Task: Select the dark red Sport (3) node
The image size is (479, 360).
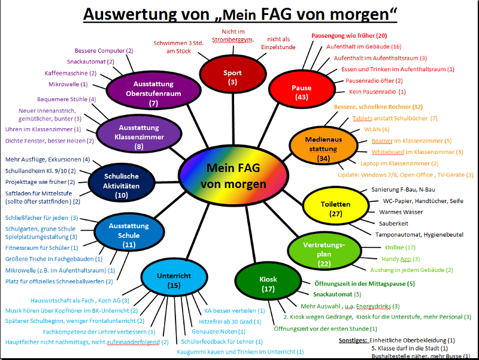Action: (x=232, y=77)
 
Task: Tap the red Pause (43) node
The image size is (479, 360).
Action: (x=301, y=92)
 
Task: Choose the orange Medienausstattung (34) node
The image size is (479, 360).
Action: (x=322, y=149)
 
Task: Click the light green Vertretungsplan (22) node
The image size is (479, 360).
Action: (x=325, y=254)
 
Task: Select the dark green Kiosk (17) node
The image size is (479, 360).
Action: (x=268, y=283)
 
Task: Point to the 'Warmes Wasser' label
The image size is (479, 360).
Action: (x=401, y=212)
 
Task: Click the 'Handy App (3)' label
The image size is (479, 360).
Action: (x=401, y=259)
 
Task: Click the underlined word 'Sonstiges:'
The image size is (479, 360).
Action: (x=352, y=340)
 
